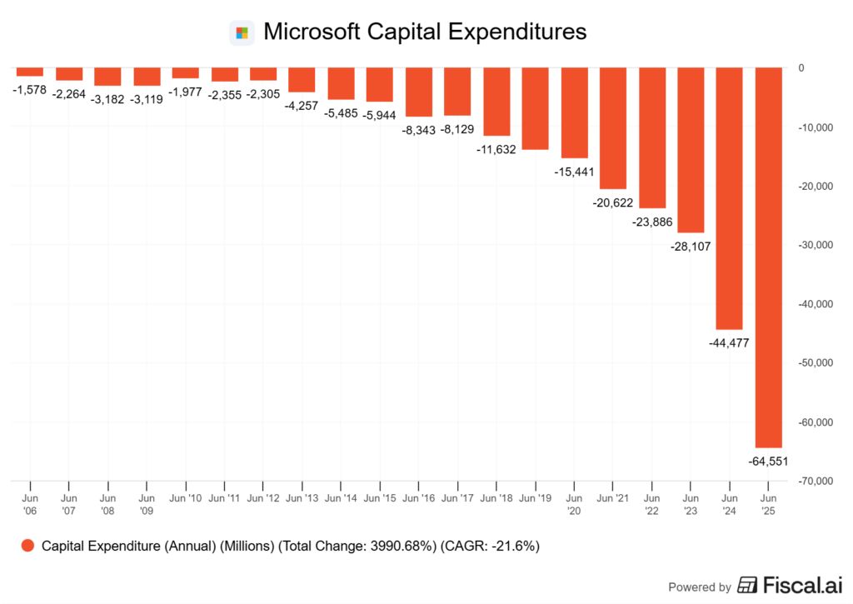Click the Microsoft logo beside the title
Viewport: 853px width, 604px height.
pos(242,33)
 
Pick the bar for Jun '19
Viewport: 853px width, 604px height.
pos(535,108)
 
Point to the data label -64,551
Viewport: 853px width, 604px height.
pos(767,461)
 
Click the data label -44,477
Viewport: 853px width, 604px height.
pos(729,342)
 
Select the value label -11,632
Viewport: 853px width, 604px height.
pos(496,149)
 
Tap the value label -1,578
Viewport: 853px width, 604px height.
pos(30,89)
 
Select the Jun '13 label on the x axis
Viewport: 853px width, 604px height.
pos(302,498)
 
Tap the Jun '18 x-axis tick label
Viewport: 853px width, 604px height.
pos(496,498)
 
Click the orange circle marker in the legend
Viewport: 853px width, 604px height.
pos(27,547)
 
